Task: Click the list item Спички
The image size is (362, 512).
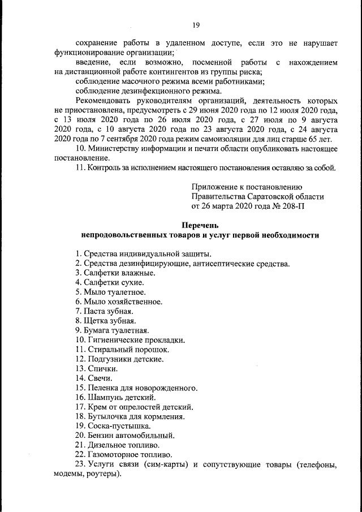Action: click(x=97, y=368)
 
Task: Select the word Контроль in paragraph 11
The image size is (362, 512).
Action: click(x=104, y=168)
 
